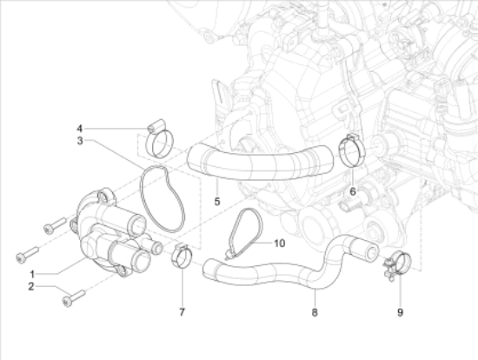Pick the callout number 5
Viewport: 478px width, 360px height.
point(217,201)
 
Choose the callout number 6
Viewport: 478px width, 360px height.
point(352,190)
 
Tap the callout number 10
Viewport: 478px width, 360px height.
point(279,243)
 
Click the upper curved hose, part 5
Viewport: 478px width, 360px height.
point(261,162)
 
